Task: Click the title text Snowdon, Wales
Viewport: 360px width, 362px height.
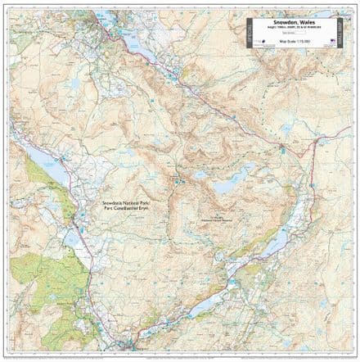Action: pos(294,25)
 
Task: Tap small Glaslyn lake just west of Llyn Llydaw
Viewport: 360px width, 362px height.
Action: pos(199,174)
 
